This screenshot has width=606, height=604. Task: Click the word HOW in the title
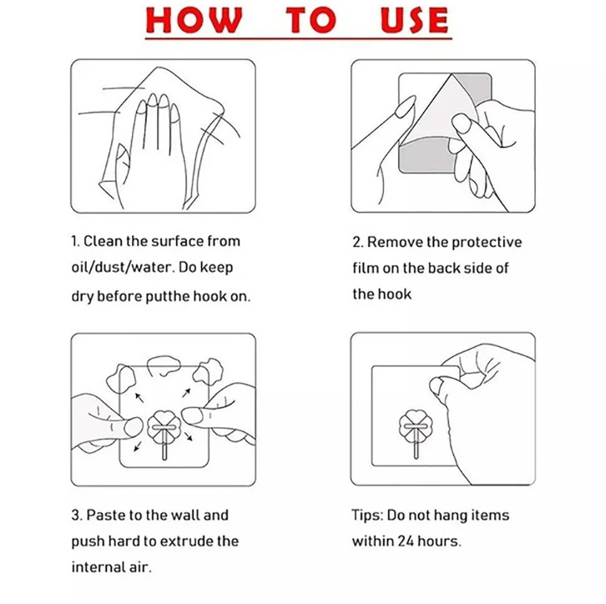pos(194,20)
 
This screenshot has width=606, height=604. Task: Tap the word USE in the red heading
pos(414,20)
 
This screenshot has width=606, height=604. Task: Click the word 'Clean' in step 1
pos(103,241)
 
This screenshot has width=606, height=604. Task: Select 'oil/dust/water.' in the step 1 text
pos(122,268)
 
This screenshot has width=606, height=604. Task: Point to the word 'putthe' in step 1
pos(168,297)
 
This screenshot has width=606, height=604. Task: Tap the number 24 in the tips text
pos(406,541)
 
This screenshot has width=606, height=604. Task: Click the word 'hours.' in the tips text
pos(439,541)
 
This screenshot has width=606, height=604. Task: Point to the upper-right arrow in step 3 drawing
pos(186,393)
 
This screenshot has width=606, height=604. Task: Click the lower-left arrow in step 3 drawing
pos(137,447)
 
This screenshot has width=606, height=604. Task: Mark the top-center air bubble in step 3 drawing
pos(164,365)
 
